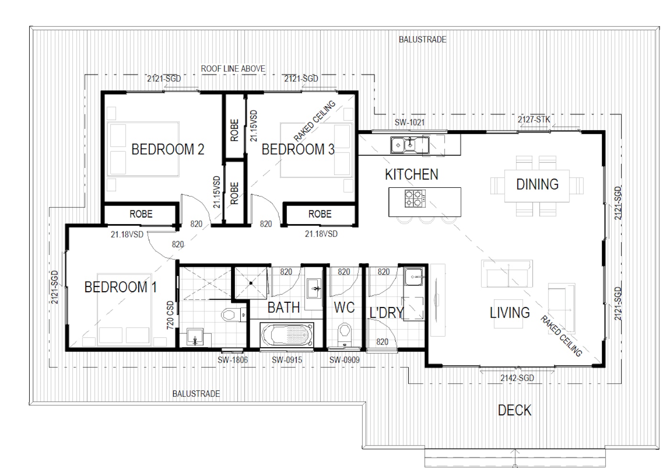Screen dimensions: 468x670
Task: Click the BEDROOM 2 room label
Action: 167,149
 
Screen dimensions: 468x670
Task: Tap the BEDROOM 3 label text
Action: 298,149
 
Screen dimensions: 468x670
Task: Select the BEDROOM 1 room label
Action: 120,287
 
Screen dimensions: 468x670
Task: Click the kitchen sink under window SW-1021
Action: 409,144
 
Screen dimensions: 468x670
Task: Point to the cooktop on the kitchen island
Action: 415,199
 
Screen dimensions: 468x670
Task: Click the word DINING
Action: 537,184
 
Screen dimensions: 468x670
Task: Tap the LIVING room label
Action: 509,313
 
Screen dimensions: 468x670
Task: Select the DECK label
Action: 514,410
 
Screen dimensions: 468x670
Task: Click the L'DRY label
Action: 386,313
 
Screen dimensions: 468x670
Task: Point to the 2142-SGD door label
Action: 517,378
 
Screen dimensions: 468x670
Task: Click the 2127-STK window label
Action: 534,119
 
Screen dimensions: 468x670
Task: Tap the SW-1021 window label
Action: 409,123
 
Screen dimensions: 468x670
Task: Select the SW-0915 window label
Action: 287,360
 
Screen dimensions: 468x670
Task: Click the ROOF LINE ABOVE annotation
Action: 233,68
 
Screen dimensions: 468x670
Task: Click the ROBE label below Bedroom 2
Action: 141,214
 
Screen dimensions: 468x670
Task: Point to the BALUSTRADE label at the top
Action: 422,39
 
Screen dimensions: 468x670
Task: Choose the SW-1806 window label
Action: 233,360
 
